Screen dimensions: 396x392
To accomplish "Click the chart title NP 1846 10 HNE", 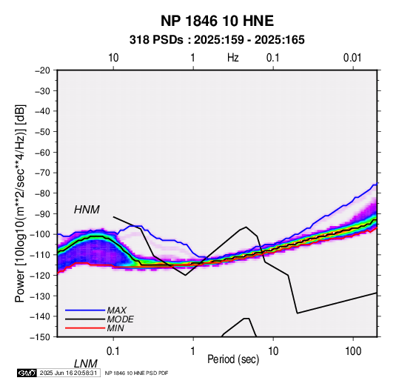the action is coord(217,21).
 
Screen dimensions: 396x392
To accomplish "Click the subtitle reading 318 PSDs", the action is coord(156,40).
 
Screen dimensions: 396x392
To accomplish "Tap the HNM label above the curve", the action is coord(87,210).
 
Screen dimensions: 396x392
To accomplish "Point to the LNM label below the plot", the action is coord(86,364).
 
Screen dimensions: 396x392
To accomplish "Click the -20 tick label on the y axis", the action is coord(42,70).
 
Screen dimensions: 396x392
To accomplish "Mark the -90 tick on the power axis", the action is coord(42,213).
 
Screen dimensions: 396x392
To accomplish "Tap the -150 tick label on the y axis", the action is coord(41,337).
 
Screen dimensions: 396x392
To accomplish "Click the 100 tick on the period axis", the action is coord(353,351).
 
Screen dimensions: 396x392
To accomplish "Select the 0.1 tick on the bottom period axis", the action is coord(113,351).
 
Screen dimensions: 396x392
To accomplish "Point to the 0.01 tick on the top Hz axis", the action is coord(352,58).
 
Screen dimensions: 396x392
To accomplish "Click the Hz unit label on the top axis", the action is coord(232,58).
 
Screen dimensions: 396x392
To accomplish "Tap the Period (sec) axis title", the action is coord(233,359).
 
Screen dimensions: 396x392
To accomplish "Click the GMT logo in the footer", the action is coord(27,373).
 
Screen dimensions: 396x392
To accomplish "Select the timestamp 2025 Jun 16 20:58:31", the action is coord(68,373).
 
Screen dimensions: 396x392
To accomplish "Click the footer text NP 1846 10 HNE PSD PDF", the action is coord(136,373).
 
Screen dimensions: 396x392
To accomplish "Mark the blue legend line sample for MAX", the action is coord(85,310).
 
